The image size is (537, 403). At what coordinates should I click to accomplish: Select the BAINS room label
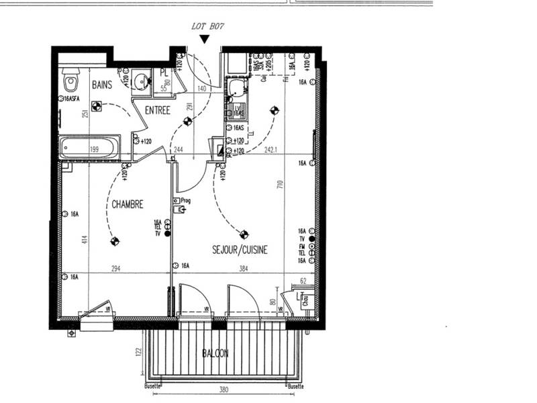[x=102, y=85]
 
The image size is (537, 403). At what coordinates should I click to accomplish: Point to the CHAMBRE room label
[x=128, y=204]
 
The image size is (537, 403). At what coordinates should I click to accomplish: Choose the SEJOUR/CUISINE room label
[x=240, y=249]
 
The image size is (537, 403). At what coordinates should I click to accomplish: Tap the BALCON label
[x=216, y=353]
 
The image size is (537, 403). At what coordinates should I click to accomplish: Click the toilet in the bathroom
[x=70, y=83]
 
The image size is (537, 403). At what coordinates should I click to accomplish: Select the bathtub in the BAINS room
[x=89, y=147]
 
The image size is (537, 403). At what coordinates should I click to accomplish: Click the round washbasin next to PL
[x=142, y=81]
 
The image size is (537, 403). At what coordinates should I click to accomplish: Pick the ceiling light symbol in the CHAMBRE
[x=114, y=240]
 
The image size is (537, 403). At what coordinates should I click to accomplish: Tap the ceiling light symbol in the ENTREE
[x=187, y=121]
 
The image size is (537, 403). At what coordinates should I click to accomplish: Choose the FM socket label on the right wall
[x=302, y=246]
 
